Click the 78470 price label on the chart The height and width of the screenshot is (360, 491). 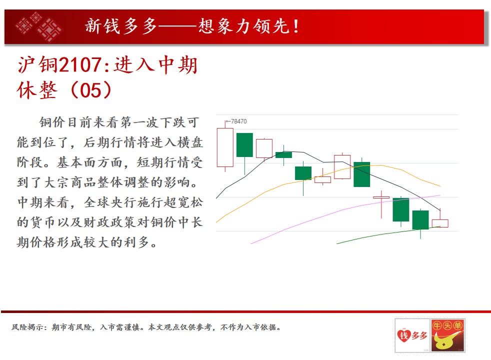(x=238, y=121)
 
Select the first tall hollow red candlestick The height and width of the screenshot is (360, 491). (x=225, y=147)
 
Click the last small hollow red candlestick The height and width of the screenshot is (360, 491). (x=440, y=223)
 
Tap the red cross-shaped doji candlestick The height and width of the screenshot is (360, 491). (x=381, y=197)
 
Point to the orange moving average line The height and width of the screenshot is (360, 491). (x=329, y=173)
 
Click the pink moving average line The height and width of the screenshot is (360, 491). (x=344, y=209)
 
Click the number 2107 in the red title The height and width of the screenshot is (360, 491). (x=80, y=65)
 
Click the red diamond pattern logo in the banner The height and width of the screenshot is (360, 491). (x=38, y=26)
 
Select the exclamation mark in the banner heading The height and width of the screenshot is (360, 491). (x=295, y=26)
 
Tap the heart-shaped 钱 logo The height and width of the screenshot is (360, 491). (x=404, y=335)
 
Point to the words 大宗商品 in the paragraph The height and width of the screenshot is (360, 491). (x=71, y=182)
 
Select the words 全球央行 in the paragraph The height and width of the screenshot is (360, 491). (x=110, y=202)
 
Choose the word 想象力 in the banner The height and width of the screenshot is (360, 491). (x=225, y=26)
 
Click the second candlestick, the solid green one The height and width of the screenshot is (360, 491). (x=244, y=145)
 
